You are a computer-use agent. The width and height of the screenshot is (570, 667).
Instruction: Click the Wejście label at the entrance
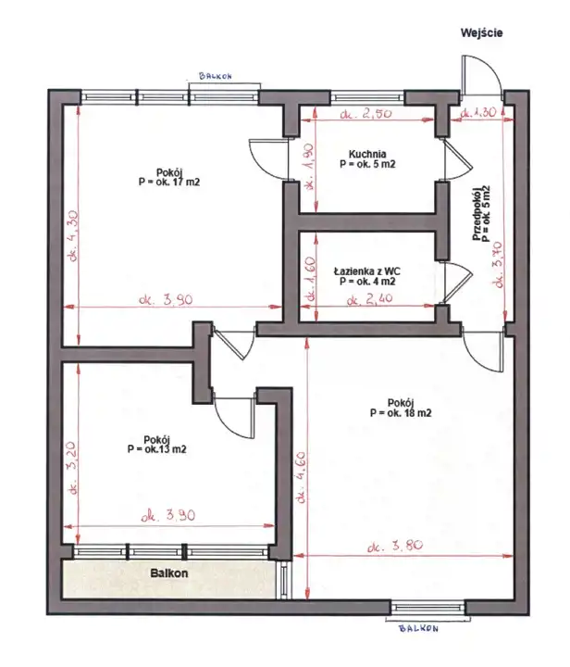pyautogui.click(x=482, y=32)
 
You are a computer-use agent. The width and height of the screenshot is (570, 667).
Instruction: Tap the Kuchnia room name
pyautogui.click(x=367, y=154)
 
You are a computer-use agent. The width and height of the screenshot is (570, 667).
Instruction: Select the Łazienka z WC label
pyautogui.click(x=367, y=271)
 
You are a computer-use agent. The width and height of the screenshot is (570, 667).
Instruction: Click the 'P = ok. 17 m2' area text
pyautogui.click(x=169, y=182)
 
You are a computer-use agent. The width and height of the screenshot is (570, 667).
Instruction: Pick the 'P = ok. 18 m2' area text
pyautogui.click(x=401, y=412)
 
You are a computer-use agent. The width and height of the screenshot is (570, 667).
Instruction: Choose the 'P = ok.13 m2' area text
pyautogui.click(x=156, y=449)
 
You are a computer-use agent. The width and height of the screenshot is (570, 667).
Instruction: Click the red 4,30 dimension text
pyautogui.click(x=73, y=236)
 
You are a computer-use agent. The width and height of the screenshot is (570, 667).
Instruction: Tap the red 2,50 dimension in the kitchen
pyautogui.click(x=366, y=114)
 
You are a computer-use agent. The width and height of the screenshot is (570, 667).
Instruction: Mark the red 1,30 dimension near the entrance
pyautogui.click(x=478, y=113)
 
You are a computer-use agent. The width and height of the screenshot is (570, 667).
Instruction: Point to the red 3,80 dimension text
pyautogui.click(x=395, y=546)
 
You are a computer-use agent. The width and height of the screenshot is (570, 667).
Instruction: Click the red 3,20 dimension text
pyautogui.click(x=72, y=468)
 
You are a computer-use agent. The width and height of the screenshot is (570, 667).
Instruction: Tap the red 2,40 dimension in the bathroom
pyautogui.click(x=369, y=300)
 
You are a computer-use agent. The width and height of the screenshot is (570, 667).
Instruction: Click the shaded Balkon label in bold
pyautogui.click(x=169, y=573)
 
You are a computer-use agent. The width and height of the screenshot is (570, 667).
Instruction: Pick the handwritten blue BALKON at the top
pyautogui.click(x=216, y=76)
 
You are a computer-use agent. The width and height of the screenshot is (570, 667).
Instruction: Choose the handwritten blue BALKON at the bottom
pyautogui.click(x=418, y=628)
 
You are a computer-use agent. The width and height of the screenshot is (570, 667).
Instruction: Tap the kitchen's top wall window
pyautogui.click(x=367, y=98)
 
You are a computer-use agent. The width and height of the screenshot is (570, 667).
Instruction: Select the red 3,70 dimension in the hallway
pyautogui.click(x=499, y=264)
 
